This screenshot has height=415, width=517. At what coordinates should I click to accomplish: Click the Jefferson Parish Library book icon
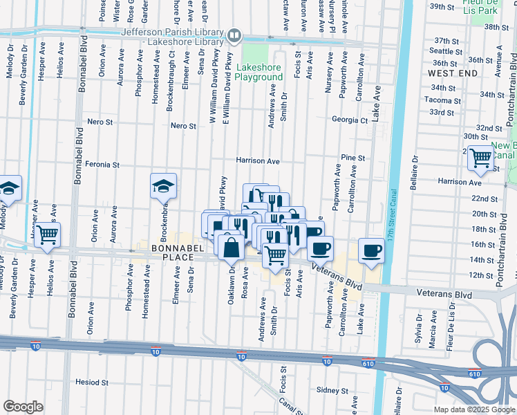[x=235, y=35]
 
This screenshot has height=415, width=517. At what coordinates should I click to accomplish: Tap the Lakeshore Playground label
[x=259, y=73]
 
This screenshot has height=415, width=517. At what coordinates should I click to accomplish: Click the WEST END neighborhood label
[x=452, y=73]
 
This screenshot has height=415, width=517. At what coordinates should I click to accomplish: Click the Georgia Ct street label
[x=349, y=120]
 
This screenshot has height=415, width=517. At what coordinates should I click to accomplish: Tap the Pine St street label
[x=352, y=158]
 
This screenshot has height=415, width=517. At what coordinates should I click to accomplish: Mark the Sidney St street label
[x=331, y=390]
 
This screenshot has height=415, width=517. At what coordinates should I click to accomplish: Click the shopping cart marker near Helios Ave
[x=47, y=236]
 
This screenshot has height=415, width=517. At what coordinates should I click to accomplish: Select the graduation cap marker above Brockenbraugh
[x=163, y=186]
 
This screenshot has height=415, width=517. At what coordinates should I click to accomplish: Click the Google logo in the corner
[x=23, y=407]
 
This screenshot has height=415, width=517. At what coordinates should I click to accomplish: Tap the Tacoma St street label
[x=443, y=100]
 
